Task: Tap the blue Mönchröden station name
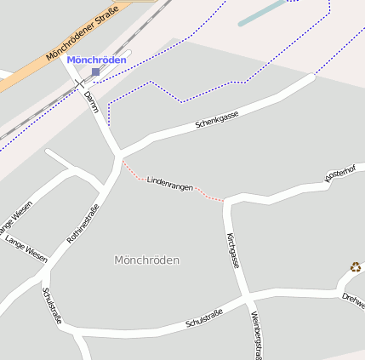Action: (96, 60)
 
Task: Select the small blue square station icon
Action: (95, 72)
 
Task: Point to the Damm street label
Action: (92, 101)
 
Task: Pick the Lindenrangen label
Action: (169, 182)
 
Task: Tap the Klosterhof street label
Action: (340, 173)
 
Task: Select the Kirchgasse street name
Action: (233, 250)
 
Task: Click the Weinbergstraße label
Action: (254, 334)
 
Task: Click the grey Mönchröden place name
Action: (146, 260)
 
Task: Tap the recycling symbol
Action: (355, 267)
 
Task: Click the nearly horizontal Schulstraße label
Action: (203, 319)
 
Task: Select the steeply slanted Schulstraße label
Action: (52, 306)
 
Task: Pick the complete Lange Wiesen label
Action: (26, 249)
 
